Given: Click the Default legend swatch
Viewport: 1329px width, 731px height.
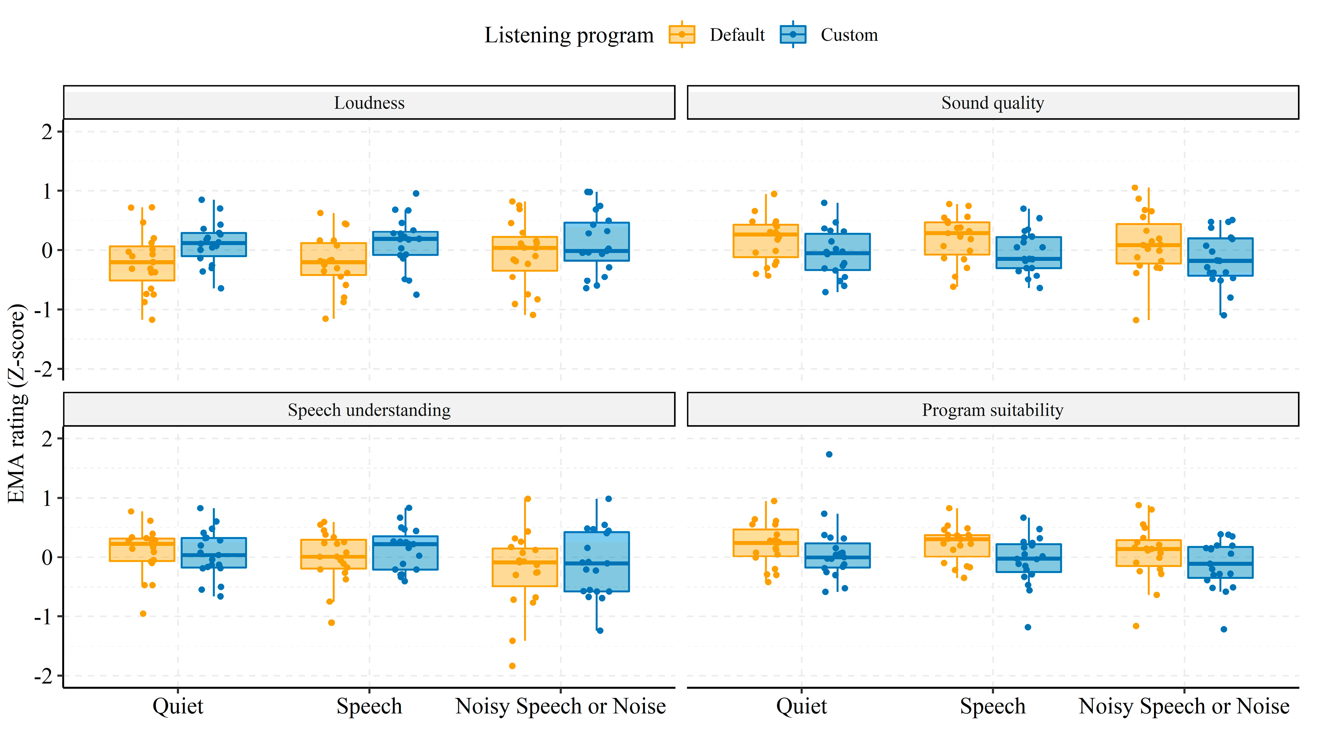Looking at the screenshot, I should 682,35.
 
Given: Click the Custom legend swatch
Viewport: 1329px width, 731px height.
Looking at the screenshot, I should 793,35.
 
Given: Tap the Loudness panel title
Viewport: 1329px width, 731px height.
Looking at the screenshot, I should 369,103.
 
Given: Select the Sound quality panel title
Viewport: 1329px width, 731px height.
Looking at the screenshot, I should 992,103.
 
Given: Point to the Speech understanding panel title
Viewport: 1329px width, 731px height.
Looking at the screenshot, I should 369,410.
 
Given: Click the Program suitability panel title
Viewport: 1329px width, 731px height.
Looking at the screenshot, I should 992,410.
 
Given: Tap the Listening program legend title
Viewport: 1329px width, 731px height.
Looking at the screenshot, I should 568,35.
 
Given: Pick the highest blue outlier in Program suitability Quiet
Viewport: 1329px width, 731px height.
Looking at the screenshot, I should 829,454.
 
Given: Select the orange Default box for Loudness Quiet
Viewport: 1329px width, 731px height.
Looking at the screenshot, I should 142,263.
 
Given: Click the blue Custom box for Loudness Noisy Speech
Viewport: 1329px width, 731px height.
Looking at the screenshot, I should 597,242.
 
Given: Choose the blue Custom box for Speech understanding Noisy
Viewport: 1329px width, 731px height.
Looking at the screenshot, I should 597,562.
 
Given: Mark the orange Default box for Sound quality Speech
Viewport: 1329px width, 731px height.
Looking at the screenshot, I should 957,239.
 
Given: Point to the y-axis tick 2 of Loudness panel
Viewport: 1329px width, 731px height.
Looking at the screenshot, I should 47,132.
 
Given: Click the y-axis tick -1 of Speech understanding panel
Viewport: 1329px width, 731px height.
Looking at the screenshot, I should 44,616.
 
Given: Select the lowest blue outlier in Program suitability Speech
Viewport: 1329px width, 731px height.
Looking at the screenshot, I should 1028,627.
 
